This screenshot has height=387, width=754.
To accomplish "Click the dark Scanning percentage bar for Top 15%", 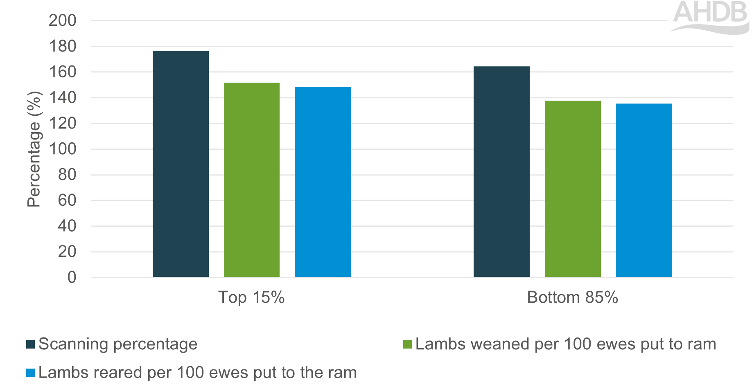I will pyautogui.click(x=181, y=164).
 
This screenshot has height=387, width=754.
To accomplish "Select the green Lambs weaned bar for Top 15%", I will pyautogui.click(x=252, y=180).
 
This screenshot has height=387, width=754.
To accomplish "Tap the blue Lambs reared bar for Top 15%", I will pyautogui.click(x=323, y=182).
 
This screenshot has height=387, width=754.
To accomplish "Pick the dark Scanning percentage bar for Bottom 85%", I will pyautogui.click(x=501, y=172).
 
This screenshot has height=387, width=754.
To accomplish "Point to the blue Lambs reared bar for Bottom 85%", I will pyautogui.click(x=644, y=190).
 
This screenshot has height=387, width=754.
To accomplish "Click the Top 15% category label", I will pyautogui.click(x=251, y=297).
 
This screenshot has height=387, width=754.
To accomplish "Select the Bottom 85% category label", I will pyautogui.click(x=572, y=297).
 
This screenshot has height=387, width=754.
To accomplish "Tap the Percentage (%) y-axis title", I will pyautogui.click(x=34, y=149).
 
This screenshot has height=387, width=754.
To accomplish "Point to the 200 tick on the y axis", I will pyautogui.click(x=63, y=20).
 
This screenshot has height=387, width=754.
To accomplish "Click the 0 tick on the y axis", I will pyautogui.click(x=72, y=277).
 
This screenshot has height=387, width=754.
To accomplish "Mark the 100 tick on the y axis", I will pyautogui.click(x=63, y=149).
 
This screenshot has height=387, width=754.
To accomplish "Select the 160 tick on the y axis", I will pyautogui.click(x=63, y=72).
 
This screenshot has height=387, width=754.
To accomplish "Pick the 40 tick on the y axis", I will pyautogui.click(x=67, y=226).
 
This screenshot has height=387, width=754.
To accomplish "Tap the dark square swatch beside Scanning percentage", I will pyautogui.click(x=30, y=344).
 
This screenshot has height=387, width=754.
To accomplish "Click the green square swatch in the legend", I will pyautogui.click(x=407, y=344).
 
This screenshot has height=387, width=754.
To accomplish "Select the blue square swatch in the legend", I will pyautogui.click(x=30, y=373).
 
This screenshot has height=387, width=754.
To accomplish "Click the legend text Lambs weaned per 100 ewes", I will pyautogui.click(x=566, y=344).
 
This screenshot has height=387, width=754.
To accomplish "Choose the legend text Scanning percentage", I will pyautogui.click(x=118, y=344).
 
